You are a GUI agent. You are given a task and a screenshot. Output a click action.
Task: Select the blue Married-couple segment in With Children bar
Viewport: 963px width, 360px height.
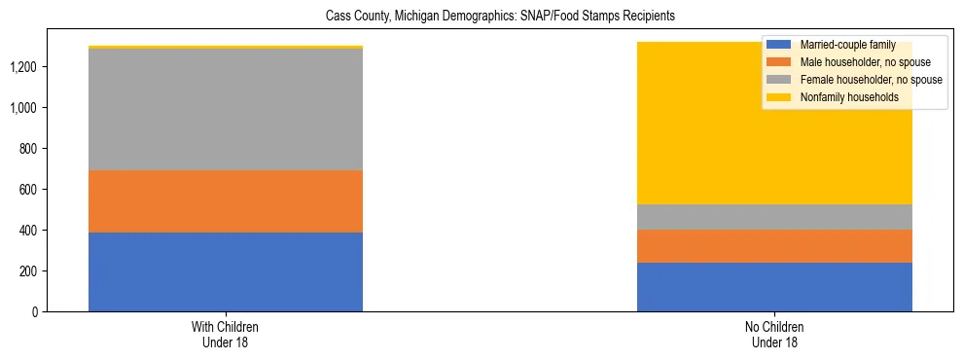click(x=226, y=271)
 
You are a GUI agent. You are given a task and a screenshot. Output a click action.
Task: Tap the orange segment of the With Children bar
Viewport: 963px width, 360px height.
click(x=226, y=201)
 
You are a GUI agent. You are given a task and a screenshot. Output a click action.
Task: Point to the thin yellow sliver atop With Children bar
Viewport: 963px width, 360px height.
click(x=226, y=47)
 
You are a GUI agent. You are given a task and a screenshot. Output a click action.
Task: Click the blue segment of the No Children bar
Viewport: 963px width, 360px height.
click(x=774, y=287)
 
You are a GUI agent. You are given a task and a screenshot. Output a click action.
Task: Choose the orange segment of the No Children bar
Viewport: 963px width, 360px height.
click(x=774, y=246)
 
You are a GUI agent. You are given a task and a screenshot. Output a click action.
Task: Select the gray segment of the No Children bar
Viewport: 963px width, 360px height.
click(x=774, y=217)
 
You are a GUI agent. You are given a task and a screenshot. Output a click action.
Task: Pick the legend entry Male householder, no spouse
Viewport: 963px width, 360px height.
click(x=857, y=62)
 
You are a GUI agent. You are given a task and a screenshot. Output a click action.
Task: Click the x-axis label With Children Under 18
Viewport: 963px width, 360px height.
click(x=226, y=334)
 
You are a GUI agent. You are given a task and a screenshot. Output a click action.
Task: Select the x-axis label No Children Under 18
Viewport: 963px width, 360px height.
click(x=774, y=334)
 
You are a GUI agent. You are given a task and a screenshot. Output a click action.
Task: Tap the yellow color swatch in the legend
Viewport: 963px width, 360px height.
click(x=779, y=97)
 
